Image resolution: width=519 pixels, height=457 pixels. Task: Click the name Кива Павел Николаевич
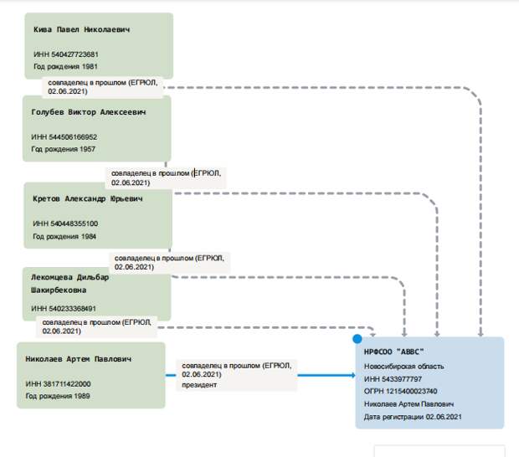81,29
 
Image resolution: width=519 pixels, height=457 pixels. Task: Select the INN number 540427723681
75,54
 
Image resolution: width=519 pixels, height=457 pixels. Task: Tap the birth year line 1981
65,66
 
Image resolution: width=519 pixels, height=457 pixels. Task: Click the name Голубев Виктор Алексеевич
89,112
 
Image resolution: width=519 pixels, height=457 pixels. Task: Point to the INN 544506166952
73,137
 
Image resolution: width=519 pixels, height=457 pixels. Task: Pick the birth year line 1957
64,149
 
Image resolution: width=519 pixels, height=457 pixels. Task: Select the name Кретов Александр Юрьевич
88,199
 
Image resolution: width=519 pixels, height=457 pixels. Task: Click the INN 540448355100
75,223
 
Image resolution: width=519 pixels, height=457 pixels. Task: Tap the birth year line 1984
64,237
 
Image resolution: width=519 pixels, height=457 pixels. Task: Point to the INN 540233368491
73,309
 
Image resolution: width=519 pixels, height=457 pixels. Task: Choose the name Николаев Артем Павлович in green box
79,359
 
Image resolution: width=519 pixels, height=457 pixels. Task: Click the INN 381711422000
67,384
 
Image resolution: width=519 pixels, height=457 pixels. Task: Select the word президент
199,385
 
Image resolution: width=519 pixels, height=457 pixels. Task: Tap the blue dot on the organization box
357,339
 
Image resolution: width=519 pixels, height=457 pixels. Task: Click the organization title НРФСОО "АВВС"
394,352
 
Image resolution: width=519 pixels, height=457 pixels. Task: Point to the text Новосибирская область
403,367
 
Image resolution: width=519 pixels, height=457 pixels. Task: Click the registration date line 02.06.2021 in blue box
413,417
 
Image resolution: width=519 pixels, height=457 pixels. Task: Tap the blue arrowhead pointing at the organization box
353,375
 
